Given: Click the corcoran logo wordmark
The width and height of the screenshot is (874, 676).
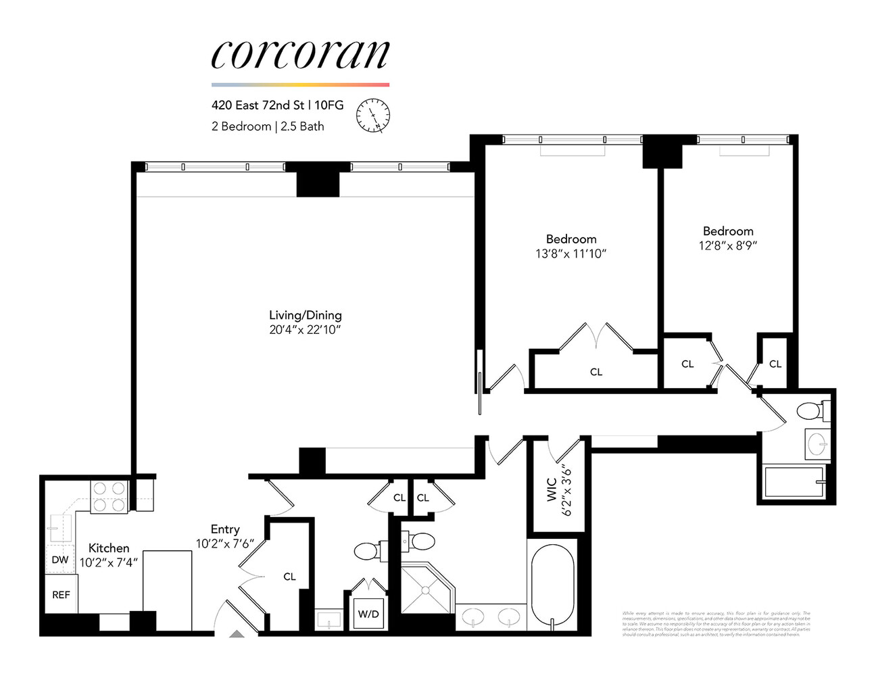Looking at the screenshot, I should pos(300,54).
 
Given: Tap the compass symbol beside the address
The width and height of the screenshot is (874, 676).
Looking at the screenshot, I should pos(373,115).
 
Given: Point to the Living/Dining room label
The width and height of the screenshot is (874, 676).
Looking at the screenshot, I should pos(305,315).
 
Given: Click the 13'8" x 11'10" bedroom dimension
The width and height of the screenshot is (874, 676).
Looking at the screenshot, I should pos(571,254).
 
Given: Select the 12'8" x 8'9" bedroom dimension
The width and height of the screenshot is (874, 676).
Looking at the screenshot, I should pos(727,246).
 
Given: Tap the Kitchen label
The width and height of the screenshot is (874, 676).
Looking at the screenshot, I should pos(109,548).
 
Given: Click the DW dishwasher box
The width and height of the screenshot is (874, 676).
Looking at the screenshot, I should pos(59,560).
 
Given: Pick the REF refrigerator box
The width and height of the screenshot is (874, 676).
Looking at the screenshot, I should pos(61,595).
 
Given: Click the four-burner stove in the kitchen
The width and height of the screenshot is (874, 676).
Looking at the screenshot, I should pos(109,496).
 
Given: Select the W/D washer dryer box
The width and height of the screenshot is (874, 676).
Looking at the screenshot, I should pos(368,614).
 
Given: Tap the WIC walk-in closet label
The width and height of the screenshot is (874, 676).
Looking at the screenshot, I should pos(551,490).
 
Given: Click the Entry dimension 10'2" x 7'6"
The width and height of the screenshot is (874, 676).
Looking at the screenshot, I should pos(224,544).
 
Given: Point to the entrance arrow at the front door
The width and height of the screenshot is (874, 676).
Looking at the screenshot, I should pos(236,633).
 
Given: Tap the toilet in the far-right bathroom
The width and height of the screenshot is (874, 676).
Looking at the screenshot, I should pos(809,410).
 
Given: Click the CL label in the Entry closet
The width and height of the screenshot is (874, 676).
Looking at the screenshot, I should pos(289,577).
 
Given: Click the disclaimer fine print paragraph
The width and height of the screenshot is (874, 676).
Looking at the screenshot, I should pos(715,623).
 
